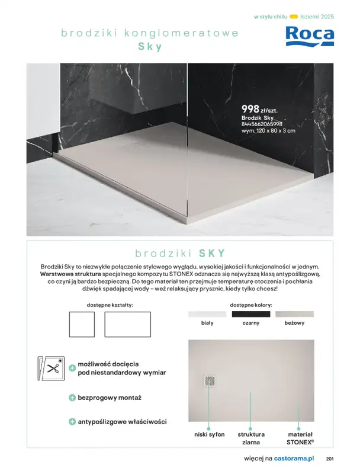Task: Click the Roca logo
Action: point(310,36)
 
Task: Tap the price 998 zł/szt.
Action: point(259,109)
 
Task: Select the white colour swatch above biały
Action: point(207,314)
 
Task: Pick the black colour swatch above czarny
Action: point(250,314)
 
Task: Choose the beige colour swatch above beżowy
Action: point(294,314)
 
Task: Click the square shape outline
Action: point(82,324)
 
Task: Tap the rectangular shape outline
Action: point(128,324)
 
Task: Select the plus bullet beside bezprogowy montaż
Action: point(72,398)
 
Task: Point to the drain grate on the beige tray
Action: point(209,382)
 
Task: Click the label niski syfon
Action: point(210,434)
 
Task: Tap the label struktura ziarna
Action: point(251,438)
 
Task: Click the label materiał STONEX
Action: point(300,438)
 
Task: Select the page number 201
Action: point(330,459)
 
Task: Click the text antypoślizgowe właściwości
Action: point(122,422)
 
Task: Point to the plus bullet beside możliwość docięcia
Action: point(72,368)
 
